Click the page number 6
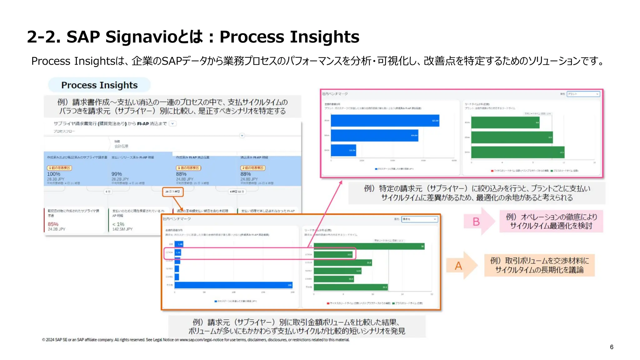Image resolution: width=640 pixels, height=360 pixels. pyautogui.click(x=611, y=347)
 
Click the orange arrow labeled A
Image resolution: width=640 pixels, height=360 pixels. pyautogui.click(x=461, y=266)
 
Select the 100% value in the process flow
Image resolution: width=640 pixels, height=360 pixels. pyautogui.click(x=54, y=174)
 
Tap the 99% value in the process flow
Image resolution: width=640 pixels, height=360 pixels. pyautogui.click(x=117, y=174)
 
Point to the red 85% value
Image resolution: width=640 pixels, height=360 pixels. pyautogui.click(x=53, y=224)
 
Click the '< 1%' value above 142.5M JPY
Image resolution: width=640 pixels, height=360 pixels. pyautogui.click(x=118, y=224)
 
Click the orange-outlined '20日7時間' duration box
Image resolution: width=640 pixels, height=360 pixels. pyautogui.click(x=172, y=192)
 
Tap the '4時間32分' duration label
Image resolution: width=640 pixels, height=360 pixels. pyautogui.click(x=237, y=192)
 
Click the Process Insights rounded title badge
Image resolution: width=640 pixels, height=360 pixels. pyautogui.click(x=99, y=85)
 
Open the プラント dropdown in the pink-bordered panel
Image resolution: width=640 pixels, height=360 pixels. pyautogui.click(x=583, y=94)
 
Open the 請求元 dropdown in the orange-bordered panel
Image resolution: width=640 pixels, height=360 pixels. pyautogui.click(x=419, y=219)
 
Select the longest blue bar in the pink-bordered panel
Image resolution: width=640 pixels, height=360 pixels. pyautogui.click(x=385, y=121)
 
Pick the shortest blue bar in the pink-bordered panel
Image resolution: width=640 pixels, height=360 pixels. pyautogui.click(x=343, y=150)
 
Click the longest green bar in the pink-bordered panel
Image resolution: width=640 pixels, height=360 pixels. pyautogui.click(x=517, y=152)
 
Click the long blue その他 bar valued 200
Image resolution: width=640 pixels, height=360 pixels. pyautogui.click(x=233, y=285)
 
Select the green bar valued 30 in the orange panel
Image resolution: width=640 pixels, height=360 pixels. pyautogui.click(x=369, y=246)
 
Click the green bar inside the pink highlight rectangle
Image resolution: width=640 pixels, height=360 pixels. pyautogui.click(x=333, y=255)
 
